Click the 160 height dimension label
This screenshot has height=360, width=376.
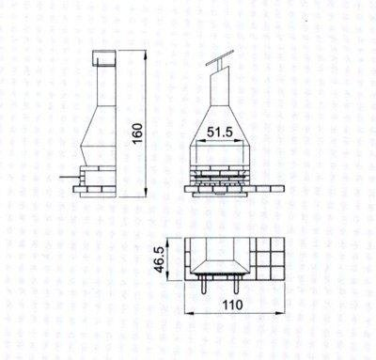137,133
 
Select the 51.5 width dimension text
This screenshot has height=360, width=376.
220,133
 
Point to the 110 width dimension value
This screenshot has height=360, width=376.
233,305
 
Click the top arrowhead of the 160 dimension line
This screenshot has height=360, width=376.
146,55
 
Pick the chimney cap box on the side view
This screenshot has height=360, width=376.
104,59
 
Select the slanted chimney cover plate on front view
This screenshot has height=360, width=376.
220,57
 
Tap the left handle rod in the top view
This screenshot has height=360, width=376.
204,285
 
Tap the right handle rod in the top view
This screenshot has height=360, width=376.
236,285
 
